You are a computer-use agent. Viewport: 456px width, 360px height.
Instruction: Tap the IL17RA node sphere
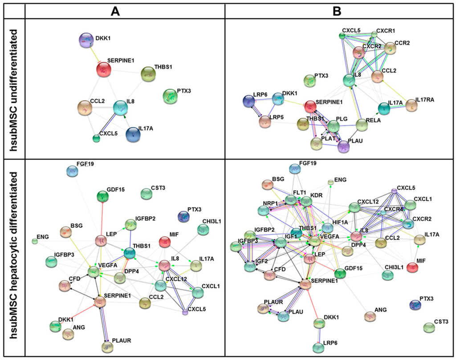tap(411, 105)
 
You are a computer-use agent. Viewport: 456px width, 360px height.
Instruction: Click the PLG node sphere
tap(333, 127)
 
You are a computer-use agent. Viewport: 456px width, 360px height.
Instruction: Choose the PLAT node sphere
tap(316, 143)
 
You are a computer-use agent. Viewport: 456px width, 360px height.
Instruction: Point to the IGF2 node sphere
tap(250, 267)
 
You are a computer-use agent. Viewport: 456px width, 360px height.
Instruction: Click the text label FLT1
tap(299, 193)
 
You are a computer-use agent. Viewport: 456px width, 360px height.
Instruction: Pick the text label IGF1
tap(280, 234)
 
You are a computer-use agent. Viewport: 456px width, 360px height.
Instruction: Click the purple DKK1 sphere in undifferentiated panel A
tap(85, 40)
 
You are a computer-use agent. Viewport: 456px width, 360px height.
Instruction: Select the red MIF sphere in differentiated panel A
tap(165, 243)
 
